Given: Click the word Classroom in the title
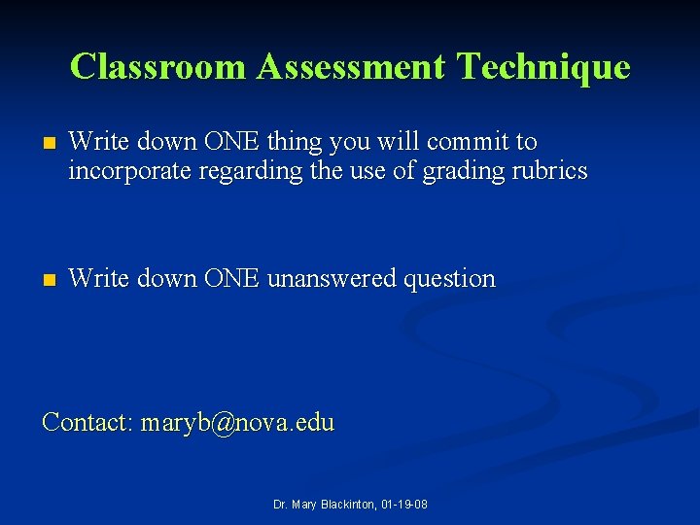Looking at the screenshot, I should click(158, 66).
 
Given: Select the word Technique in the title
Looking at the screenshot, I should click(543, 67).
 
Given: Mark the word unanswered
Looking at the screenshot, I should click(332, 279).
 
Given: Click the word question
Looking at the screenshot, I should click(449, 280).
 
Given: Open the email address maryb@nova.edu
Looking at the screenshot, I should click(237, 423).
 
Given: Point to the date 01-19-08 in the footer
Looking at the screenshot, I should click(404, 506).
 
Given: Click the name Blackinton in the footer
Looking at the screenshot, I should click(345, 506).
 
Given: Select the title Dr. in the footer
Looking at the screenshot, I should click(280, 506).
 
